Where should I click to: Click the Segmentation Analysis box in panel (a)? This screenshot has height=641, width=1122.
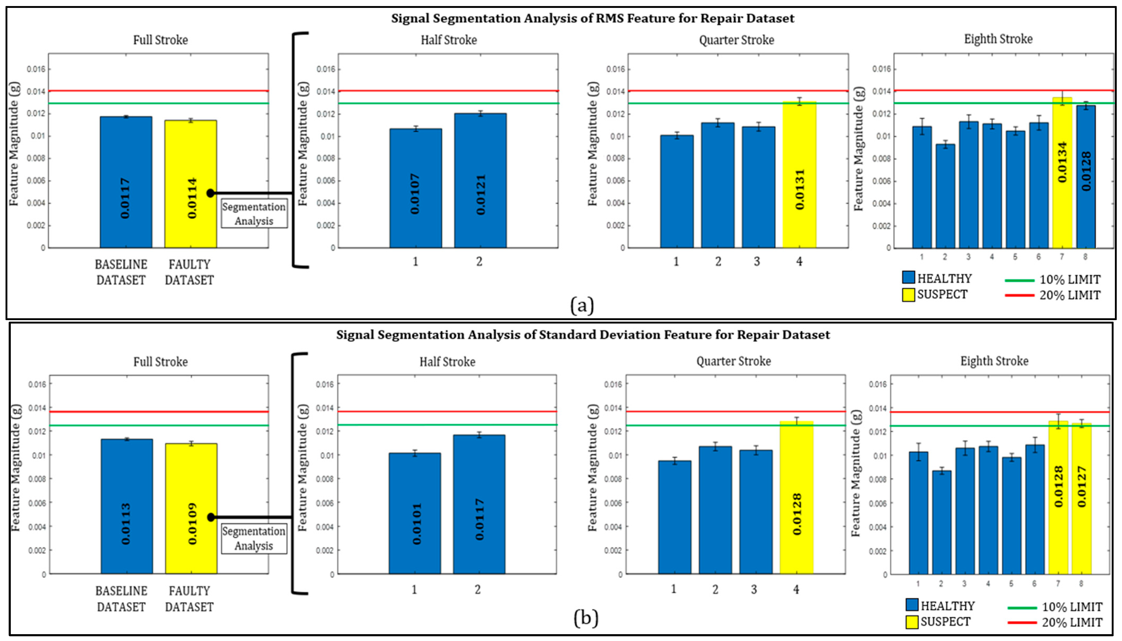[x=254, y=214]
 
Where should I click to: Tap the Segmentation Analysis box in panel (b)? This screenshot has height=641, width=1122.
[x=254, y=538]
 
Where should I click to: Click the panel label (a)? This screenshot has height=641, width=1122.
[x=582, y=305]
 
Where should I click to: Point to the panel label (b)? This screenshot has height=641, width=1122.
[x=586, y=618]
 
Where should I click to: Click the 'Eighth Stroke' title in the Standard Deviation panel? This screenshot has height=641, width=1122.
[x=994, y=361]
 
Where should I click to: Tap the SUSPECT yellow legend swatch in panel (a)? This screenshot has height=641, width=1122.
[x=908, y=295]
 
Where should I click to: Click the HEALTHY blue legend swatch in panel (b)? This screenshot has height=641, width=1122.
[x=912, y=605]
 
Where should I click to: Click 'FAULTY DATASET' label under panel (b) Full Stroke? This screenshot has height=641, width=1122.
[x=189, y=599]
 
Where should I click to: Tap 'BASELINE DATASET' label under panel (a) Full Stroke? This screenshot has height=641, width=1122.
[x=121, y=272]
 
